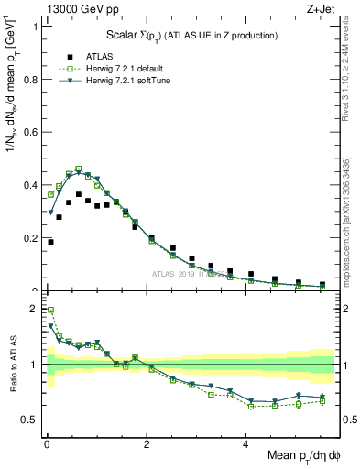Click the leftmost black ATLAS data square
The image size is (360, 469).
[x=50, y=242]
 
